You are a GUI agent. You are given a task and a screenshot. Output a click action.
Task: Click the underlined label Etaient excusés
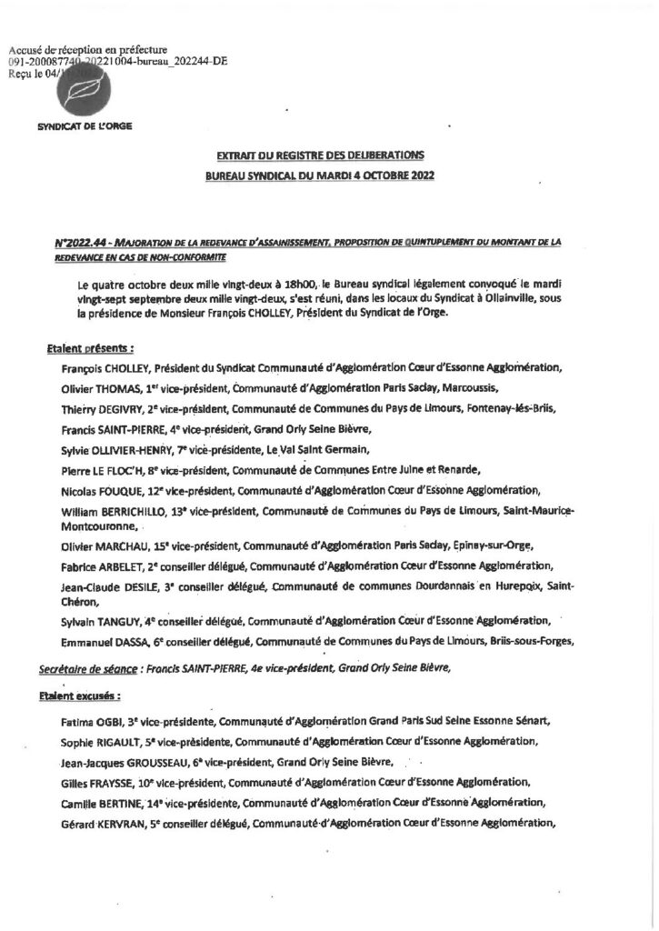click(x=85, y=696)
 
